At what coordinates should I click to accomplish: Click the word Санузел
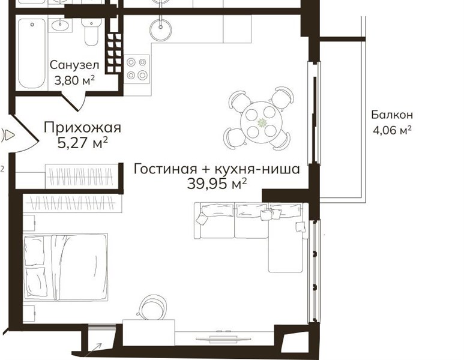pos(74,65)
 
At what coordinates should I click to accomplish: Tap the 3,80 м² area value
pos(74,80)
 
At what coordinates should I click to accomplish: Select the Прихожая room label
pos(82,128)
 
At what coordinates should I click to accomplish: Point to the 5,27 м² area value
pos(82,143)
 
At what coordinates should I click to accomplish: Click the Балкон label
pos(392,115)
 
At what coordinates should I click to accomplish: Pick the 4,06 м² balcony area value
pos(392,130)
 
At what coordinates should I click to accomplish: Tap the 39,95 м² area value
pos(217,184)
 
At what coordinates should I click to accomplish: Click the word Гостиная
pos(165,169)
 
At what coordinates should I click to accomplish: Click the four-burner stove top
pos(137,69)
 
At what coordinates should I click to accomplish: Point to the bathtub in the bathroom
pos(32,53)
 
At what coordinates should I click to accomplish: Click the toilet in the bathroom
pos(91,31)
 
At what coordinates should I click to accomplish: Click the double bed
pos(65,267)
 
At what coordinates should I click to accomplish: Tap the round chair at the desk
pos(152,308)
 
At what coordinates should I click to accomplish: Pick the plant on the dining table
pos(262,122)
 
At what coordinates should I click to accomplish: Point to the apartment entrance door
pos(22,135)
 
